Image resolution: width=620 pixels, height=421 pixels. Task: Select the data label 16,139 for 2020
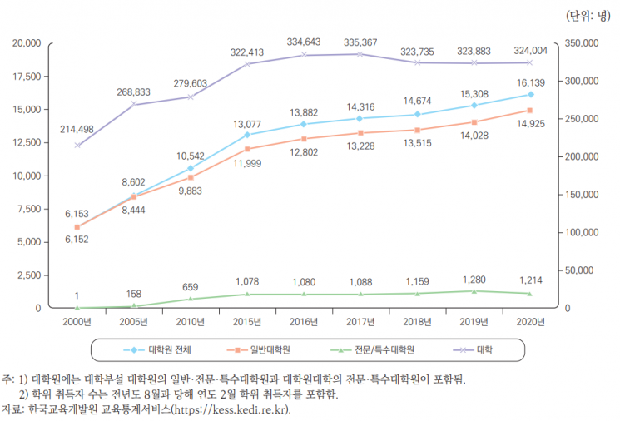coord(530,82)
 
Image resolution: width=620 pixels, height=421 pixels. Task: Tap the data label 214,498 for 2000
coord(77,130)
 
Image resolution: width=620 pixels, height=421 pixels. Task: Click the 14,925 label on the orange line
coord(530,124)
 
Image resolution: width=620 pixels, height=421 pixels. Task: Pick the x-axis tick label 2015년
coord(247,322)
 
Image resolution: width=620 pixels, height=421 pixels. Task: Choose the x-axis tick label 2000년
coord(77,322)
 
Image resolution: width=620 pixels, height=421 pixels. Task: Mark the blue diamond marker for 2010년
coord(191,168)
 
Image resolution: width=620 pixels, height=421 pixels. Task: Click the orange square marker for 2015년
coord(247,149)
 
